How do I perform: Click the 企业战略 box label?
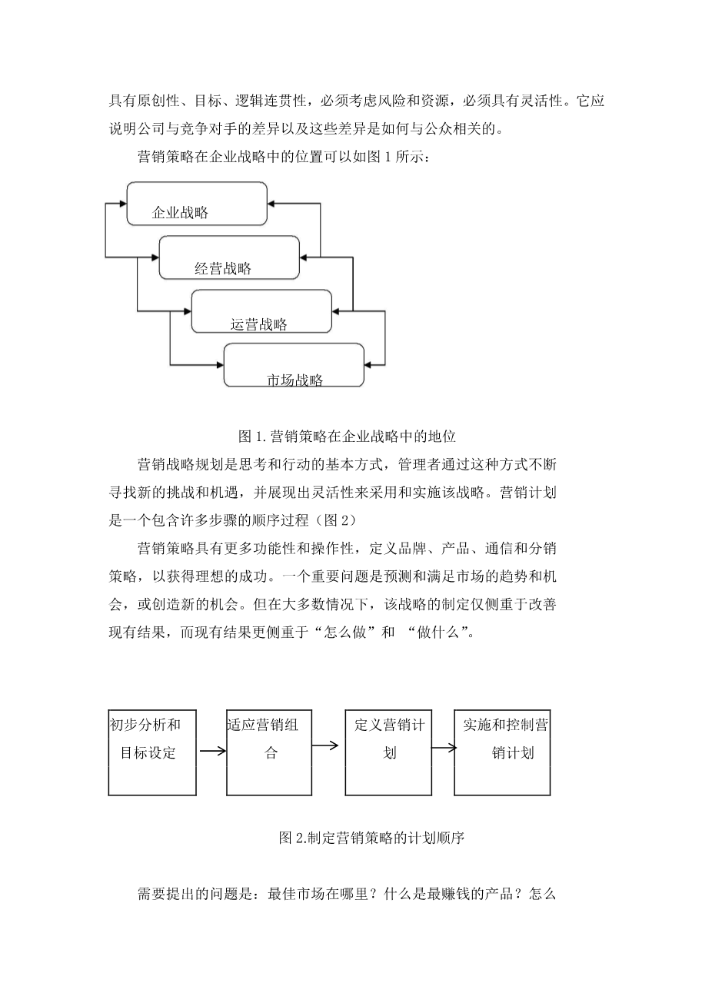pyautogui.click(x=181, y=213)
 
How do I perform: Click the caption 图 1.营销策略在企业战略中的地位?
pyautogui.click(x=348, y=437)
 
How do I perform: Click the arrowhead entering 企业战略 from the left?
pyautogui.click(x=121, y=204)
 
